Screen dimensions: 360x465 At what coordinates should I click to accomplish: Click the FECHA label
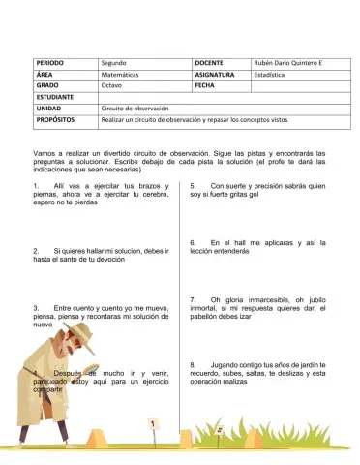(x=208, y=85)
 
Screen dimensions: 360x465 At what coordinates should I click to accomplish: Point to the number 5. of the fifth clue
(x=195, y=184)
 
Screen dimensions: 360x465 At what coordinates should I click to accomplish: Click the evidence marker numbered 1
(x=151, y=422)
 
